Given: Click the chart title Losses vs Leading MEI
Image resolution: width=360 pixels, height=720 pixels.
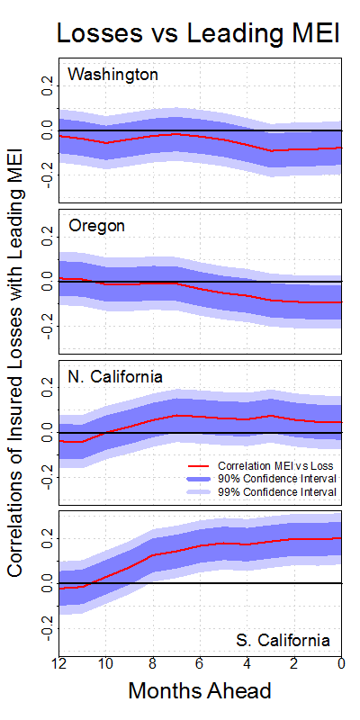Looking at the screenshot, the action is [x=198, y=33].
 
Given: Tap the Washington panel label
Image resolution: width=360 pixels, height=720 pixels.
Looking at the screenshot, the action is [x=113, y=75].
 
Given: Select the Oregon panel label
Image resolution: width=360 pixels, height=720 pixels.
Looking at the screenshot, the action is [x=96, y=227].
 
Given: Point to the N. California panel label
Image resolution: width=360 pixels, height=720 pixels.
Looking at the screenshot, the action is [x=115, y=377].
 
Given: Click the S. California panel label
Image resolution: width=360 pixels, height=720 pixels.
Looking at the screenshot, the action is [x=283, y=640].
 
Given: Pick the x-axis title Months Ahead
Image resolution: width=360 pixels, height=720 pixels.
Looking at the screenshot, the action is [x=200, y=690].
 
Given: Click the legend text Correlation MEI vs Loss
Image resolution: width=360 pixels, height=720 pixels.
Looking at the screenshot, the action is [x=275, y=465].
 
